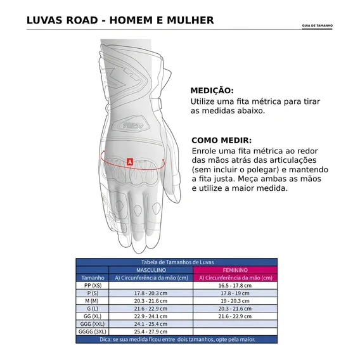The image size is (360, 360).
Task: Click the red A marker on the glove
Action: click(130, 162)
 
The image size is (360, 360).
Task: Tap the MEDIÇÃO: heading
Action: click(212, 91)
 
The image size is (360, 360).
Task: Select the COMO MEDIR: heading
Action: click(222, 140)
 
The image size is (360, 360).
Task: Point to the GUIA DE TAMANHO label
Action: click(318, 25)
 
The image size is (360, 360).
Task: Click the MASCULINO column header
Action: click(151, 270)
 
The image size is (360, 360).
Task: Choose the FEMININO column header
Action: click(235, 270)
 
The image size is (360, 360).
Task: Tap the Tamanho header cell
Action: click(93, 278)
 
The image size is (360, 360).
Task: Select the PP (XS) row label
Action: click(93, 285)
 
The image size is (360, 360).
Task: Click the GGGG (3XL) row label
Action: click(93, 331)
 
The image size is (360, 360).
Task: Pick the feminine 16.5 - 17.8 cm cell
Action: click(235, 285)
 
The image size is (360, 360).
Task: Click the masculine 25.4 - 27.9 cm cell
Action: click(151, 331)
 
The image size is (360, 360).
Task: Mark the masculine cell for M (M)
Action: click(151, 301)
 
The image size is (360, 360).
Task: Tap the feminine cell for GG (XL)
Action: click(235, 316)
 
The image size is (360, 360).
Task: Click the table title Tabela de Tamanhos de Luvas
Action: click(177, 262)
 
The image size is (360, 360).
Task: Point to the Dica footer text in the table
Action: click(177, 339)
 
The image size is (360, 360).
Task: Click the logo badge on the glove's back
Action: click(131, 125)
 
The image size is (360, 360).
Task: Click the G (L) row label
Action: click(93, 309)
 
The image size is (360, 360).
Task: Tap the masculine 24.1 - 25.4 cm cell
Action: click(151, 324)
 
